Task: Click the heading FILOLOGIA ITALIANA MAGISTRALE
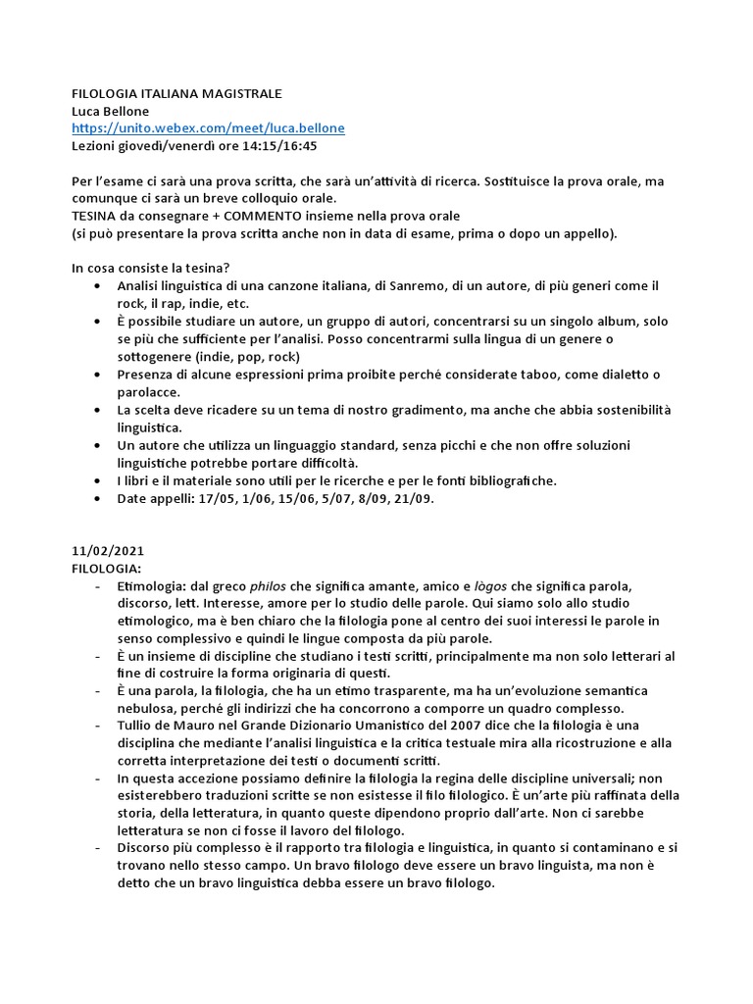tap(176, 93)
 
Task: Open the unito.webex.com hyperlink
tap(208, 128)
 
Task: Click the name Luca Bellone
tap(111, 111)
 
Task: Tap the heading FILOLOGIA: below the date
tap(107, 568)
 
